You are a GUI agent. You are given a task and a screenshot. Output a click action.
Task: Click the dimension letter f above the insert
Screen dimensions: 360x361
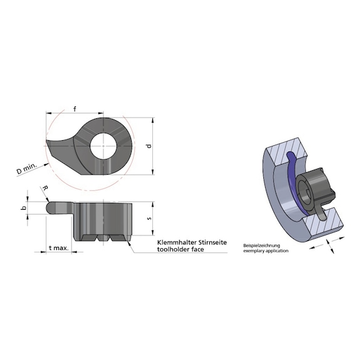click(x=75, y=110)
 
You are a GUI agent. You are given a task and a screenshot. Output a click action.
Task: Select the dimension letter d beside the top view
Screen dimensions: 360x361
click(x=148, y=147)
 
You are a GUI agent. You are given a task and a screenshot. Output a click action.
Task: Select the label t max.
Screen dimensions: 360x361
click(x=58, y=249)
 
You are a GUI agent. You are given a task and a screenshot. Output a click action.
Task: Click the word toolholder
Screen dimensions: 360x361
click(x=170, y=249)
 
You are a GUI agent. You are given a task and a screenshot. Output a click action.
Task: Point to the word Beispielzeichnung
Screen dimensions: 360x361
click(x=259, y=245)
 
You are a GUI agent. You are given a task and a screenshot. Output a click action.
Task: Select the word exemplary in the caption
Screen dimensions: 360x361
click(x=254, y=250)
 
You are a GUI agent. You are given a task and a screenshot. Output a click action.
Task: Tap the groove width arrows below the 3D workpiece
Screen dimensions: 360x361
click(x=319, y=246)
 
